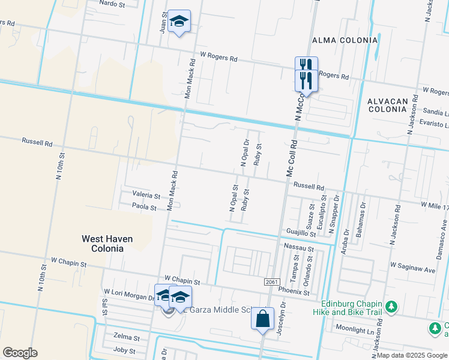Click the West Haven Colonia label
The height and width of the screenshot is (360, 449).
click(107, 243)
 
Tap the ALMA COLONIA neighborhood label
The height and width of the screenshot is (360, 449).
click(345, 40)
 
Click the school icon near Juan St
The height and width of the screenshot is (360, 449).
click(178, 22)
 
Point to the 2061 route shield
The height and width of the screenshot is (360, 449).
click(271, 282)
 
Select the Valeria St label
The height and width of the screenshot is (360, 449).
click(146, 196)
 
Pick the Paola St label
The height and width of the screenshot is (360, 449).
click(144, 208)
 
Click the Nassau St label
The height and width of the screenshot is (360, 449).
click(300, 248)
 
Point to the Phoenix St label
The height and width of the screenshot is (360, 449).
click(294, 293)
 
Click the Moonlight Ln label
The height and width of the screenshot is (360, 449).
click(355, 330)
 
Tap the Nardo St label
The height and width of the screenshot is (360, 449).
click(112, 3)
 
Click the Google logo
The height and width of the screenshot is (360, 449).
click(19, 353)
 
